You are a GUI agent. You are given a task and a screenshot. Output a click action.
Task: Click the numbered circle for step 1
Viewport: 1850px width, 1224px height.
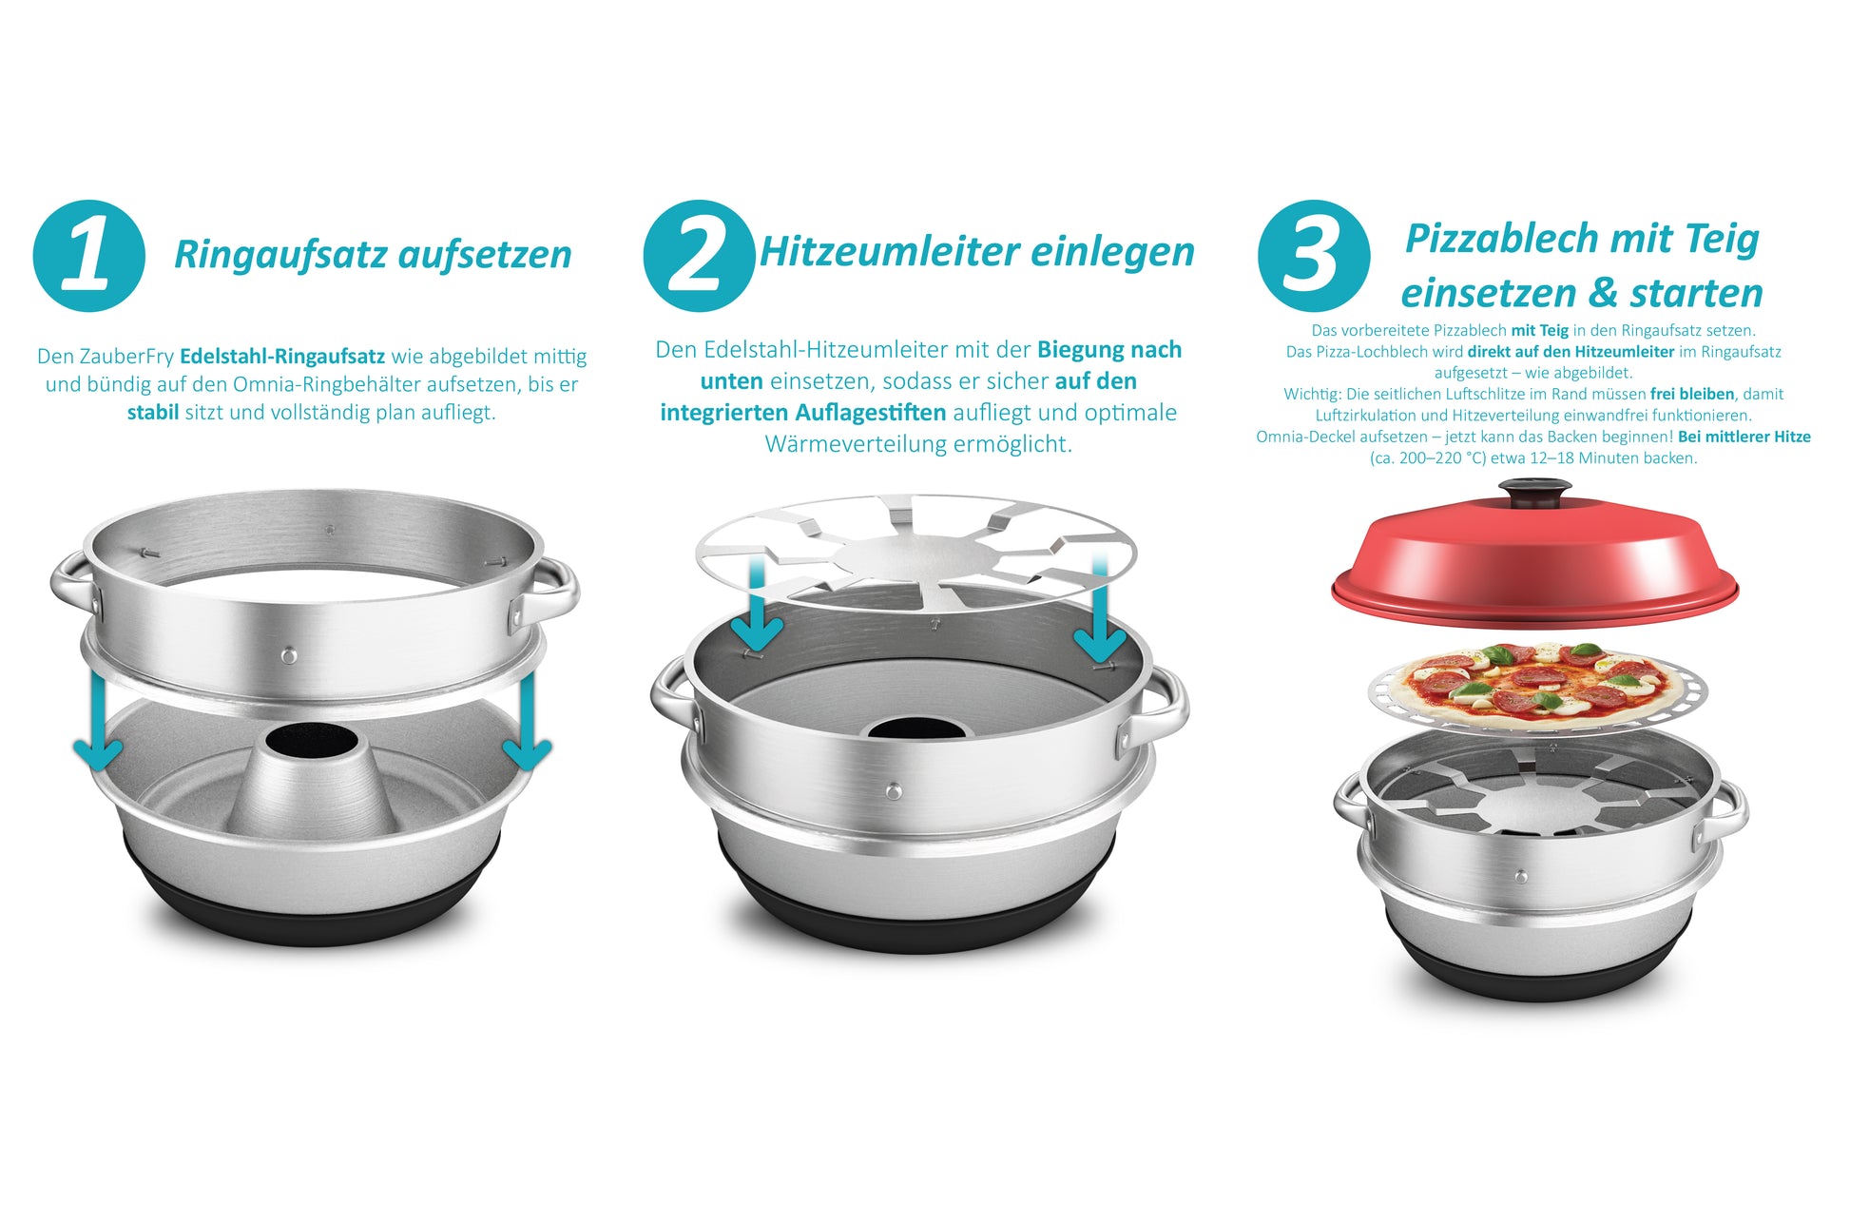point(88,256)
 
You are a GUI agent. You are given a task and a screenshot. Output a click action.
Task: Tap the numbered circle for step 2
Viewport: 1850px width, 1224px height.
point(699,256)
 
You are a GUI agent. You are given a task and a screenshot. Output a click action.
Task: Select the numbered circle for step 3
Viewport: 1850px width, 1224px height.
point(1314,256)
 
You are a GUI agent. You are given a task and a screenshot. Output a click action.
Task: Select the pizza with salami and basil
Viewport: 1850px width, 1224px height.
point(1537,684)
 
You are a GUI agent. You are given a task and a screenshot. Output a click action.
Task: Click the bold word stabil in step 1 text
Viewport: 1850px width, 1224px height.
point(152,413)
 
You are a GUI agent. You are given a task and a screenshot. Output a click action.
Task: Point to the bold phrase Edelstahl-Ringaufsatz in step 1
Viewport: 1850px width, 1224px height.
point(282,357)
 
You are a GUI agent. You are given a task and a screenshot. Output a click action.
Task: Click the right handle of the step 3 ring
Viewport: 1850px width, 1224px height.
point(1722,810)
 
